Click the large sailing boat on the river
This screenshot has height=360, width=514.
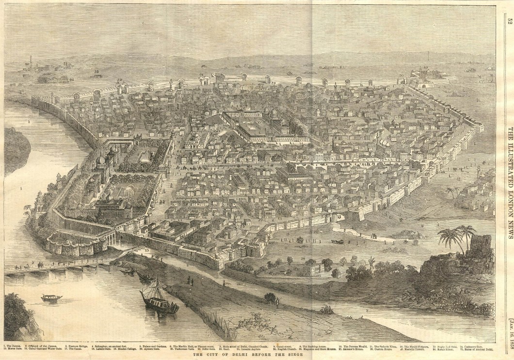tap(158, 298)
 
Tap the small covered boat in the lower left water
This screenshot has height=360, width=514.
tap(51, 297)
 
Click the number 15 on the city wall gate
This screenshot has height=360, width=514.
tap(340, 215)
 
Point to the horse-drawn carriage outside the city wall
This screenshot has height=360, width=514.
tap(338, 241)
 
